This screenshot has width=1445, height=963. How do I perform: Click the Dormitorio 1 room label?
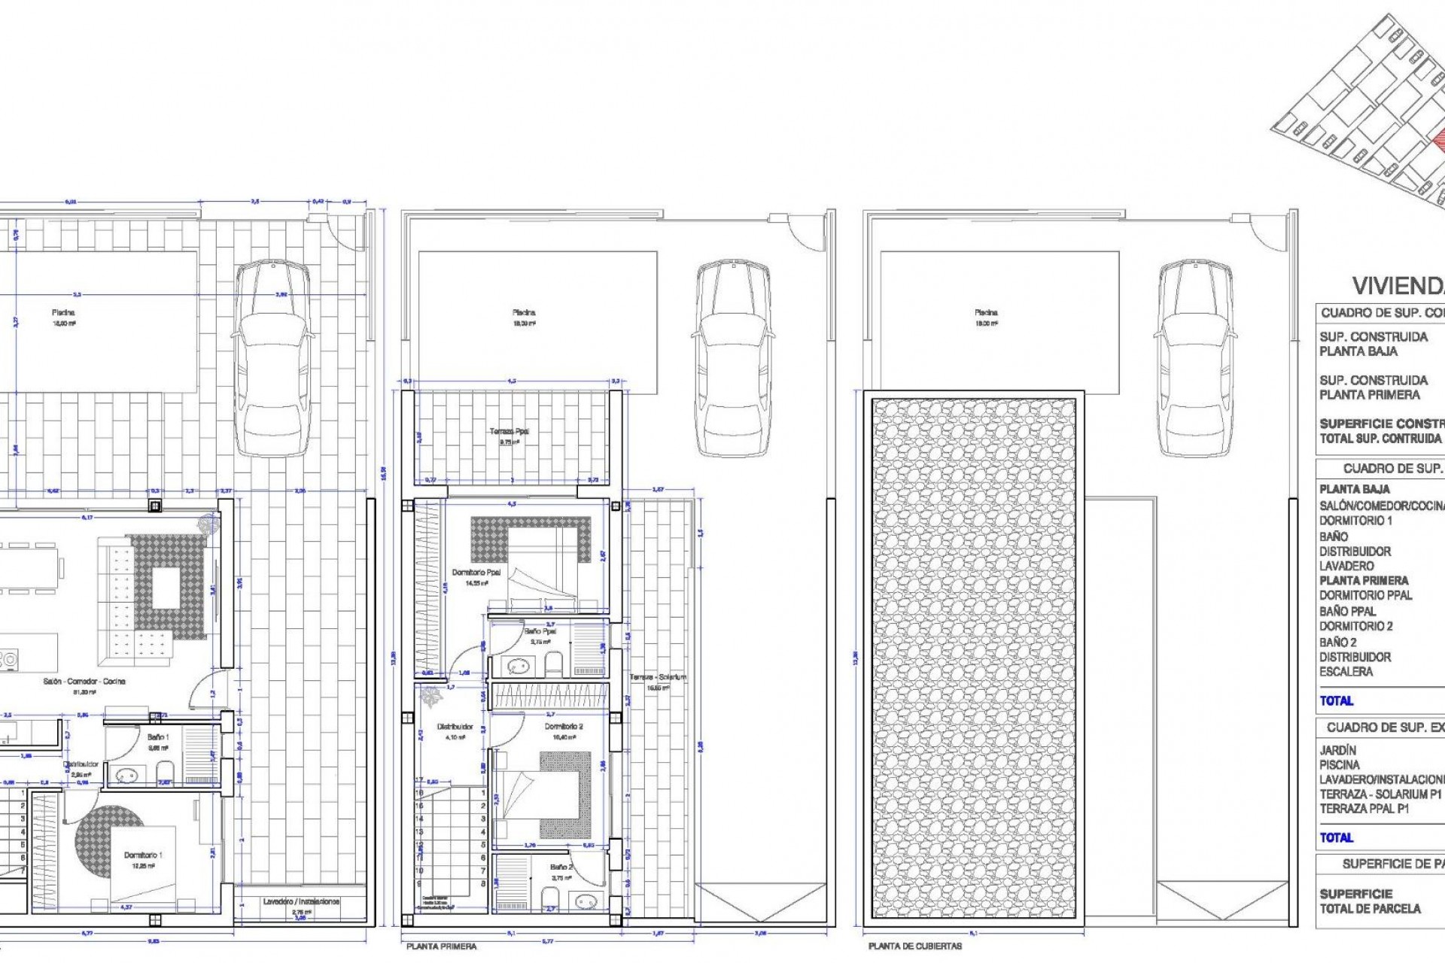pyautogui.click(x=143, y=855)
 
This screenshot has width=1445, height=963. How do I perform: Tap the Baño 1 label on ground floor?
pyautogui.click(x=158, y=737)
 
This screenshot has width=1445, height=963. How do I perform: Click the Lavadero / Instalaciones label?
pyautogui.click(x=301, y=901)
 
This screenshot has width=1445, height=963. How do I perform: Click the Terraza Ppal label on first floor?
pyautogui.click(x=510, y=432)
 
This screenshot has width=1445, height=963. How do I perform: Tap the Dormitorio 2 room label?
pyautogui.click(x=564, y=727)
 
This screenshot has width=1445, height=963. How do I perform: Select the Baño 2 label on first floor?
pyautogui.click(x=561, y=867)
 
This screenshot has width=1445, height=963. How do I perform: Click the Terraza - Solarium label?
pyautogui.click(x=658, y=677)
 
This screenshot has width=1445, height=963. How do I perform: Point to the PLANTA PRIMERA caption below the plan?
pyautogui.click(x=441, y=946)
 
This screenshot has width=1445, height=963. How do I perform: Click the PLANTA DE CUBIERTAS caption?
pyautogui.click(x=914, y=946)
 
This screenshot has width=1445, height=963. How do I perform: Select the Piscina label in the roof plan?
pyautogui.click(x=986, y=312)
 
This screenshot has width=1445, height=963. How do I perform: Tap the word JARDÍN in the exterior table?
pyautogui.click(x=1337, y=750)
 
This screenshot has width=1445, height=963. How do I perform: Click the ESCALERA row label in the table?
pyautogui.click(x=1346, y=672)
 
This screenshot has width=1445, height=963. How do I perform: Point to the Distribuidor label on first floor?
pyautogui.click(x=455, y=727)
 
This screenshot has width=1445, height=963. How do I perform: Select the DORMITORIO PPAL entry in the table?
pyautogui.click(x=1365, y=595)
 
